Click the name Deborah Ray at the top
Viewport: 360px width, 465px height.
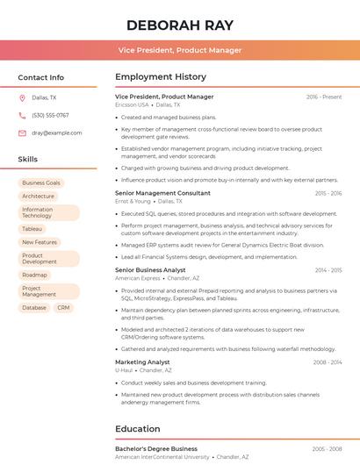pyautogui.click(x=179, y=24)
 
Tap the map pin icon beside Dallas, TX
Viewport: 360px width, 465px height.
pyautogui.click(x=22, y=98)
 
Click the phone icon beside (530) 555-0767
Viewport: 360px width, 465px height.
pyautogui.click(x=22, y=116)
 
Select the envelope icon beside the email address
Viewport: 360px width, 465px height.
pyautogui.click(x=22, y=133)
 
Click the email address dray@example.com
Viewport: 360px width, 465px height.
pyautogui.click(x=57, y=133)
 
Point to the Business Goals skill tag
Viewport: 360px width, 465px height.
pyautogui.click(x=41, y=183)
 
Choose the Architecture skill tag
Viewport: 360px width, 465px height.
pyautogui.click(x=39, y=197)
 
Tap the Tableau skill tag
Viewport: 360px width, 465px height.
pyautogui.click(x=32, y=229)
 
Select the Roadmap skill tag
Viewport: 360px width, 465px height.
pyautogui.click(x=35, y=275)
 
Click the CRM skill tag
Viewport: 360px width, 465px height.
pyautogui.click(x=63, y=308)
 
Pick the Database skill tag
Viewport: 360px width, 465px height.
pyautogui.click(x=34, y=308)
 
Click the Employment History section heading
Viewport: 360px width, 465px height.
pyautogui.click(x=161, y=77)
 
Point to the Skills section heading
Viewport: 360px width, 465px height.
pyautogui.click(x=28, y=160)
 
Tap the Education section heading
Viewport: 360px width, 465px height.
pyautogui.click(x=138, y=429)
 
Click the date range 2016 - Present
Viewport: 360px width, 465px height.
pyautogui.click(x=324, y=97)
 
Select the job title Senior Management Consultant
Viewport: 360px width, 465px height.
pyautogui.click(x=162, y=193)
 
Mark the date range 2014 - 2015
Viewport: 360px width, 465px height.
pyautogui.click(x=328, y=270)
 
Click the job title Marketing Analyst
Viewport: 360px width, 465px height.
pyautogui.click(x=142, y=362)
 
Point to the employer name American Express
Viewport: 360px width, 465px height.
pyautogui.click(x=138, y=278)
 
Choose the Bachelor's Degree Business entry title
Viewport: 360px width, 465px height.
pyautogui.click(x=156, y=449)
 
